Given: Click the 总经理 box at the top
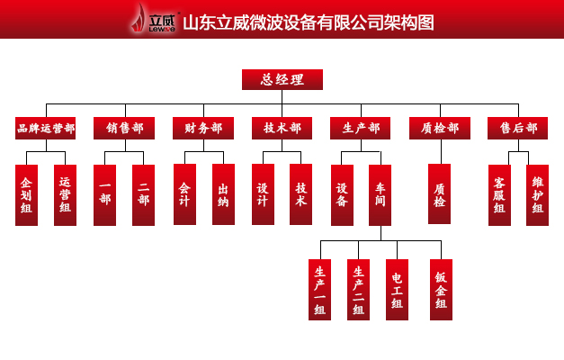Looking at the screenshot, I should click(x=282, y=79).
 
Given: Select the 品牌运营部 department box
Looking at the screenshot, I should click(x=45, y=129).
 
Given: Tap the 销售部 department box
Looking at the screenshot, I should click(x=123, y=129).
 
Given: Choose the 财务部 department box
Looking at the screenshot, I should click(x=202, y=129).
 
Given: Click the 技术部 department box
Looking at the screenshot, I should click(x=282, y=129).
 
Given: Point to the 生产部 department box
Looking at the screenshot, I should click(x=360, y=129).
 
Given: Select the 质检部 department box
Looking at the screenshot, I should click(x=439, y=129).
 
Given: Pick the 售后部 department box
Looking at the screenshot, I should click(x=517, y=129).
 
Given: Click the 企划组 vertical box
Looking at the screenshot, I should click(x=26, y=194).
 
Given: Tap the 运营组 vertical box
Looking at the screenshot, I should click(x=65, y=194).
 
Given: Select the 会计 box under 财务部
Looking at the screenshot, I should click(x=184, y=194).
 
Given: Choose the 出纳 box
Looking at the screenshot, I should click(x=223, y=194).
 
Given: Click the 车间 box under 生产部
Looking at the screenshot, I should click(x=380, y=194).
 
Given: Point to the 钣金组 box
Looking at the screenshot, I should click(x=441, y=290).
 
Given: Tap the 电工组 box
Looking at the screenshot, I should click(x=397, y=290).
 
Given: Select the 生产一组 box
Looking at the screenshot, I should click(x=319, y=290).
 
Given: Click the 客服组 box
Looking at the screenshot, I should click(x=499, y=194).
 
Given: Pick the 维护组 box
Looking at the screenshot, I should click(x=537, y=194).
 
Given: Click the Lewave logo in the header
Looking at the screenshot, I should click(x=151, y=20).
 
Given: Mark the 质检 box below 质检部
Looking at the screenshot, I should click(x=439, y=194).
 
